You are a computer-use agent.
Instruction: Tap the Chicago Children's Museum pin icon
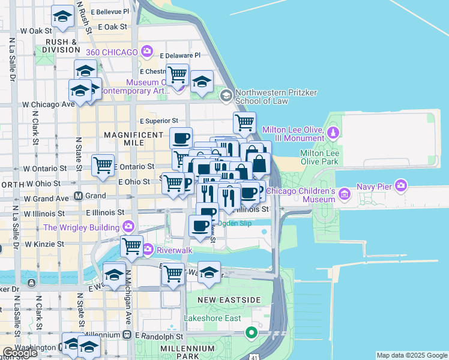344,194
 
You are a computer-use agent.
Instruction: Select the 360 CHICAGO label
112,52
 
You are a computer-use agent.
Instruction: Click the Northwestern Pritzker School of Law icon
226,96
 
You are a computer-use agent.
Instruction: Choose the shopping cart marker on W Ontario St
103,165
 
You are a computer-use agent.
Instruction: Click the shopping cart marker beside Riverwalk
131,245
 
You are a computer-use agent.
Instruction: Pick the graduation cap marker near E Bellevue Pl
62,17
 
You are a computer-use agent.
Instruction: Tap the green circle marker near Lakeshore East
252,332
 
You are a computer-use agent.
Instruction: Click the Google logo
20,353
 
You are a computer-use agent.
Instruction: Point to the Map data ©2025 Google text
411,355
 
